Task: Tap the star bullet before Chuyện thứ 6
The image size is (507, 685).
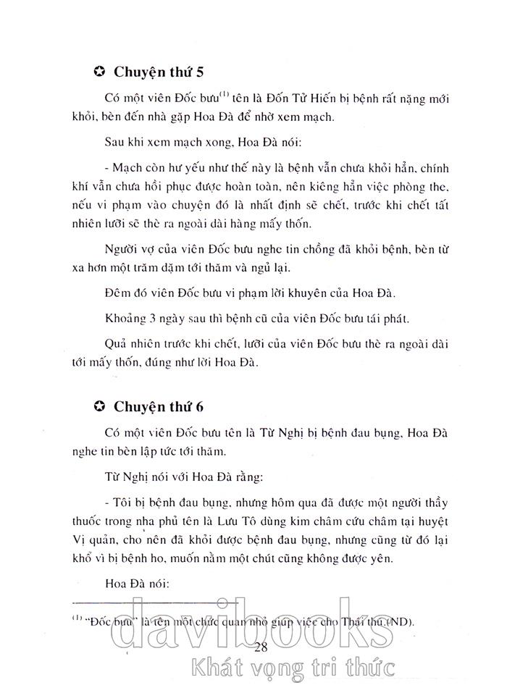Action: [100, 406]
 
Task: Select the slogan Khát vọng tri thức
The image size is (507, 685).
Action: [304, 667]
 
